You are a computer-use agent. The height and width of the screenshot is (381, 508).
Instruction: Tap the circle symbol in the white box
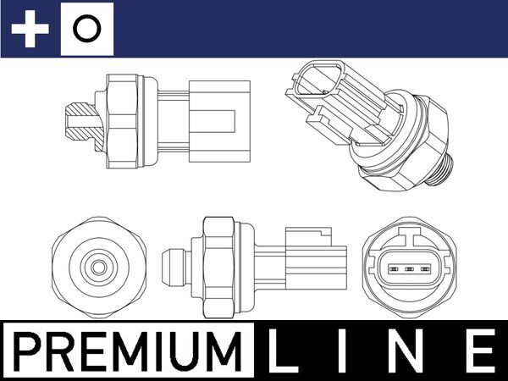[87, 30]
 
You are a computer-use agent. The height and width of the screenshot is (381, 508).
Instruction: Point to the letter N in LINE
[409, 350]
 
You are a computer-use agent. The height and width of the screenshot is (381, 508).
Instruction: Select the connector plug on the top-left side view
[218, 120]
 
